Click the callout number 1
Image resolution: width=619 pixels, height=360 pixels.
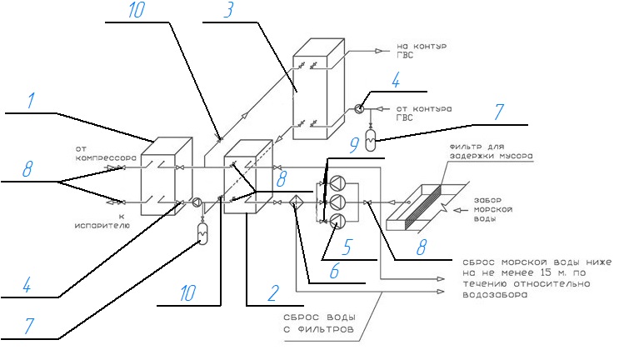click(31, 102)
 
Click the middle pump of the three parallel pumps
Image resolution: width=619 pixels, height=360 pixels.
click(337, 202)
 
